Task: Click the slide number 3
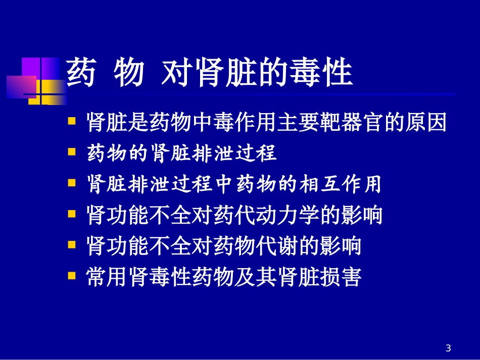pos(448,348)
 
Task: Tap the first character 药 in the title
pos(81,73)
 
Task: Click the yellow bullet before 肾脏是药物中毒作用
pos(73,121)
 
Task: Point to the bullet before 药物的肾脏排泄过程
pos(73,152)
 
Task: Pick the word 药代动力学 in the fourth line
pos(254,216)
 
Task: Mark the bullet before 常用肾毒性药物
pos(73,276)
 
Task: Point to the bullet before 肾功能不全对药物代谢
pos(73,245)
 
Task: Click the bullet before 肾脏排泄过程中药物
pos(73,183)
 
